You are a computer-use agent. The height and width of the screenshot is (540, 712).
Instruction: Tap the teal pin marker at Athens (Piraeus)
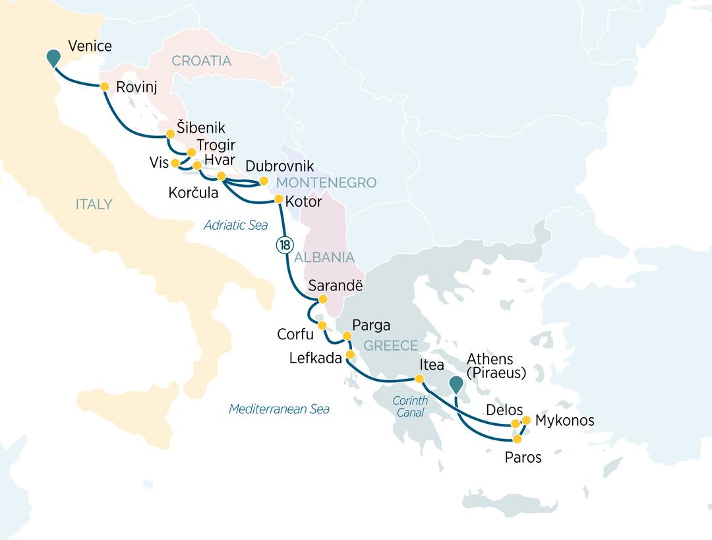tap(456, 384)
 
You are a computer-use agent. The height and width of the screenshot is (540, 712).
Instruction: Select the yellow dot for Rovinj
tap(104, 86)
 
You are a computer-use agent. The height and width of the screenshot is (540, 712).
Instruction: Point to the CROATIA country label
tap(201, 61)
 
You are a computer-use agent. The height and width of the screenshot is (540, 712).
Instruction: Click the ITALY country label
tap(94, 204)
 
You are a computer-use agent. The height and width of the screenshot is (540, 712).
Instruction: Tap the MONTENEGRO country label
tap(326, 183)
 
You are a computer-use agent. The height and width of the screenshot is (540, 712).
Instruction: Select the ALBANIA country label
tap(324, 257)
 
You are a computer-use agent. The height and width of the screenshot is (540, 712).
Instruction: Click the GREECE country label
tap(391, 346)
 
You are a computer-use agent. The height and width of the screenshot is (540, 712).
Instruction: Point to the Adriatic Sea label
tap(235, 226)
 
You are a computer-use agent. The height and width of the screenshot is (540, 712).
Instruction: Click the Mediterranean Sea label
tap(279, 409)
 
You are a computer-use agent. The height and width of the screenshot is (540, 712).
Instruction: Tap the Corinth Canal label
tap(410, 407)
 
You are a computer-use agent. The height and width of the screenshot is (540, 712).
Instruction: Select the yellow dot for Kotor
tap(278, 199)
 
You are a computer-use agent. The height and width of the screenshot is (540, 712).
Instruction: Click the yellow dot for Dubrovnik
tap(264, 180)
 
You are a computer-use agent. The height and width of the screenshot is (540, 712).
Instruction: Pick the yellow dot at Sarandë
tap(323, 299)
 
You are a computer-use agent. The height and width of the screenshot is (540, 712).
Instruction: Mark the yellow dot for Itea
tap(419, 379)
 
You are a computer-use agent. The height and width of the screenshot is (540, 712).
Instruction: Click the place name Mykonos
tap(565, 421)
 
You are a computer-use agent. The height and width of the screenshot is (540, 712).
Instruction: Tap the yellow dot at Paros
tap(518, 439)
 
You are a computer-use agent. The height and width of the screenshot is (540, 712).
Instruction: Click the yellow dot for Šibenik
tap(169, 133)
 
